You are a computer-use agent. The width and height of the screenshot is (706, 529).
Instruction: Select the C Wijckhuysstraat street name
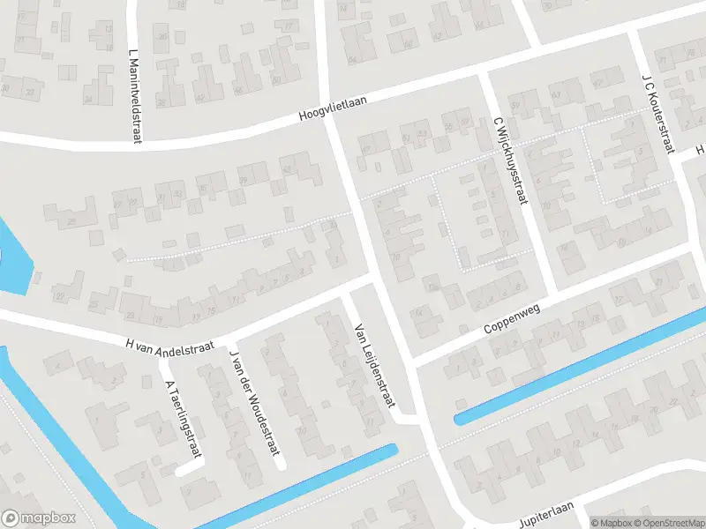509,162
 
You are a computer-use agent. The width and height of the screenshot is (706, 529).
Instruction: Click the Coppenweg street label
511,317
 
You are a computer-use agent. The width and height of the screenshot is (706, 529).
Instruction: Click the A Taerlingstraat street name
182,419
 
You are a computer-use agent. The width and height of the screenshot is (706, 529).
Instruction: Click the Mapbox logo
39,518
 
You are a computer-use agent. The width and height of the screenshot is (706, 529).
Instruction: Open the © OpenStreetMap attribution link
668,522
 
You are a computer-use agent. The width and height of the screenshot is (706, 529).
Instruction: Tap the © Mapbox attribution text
610,522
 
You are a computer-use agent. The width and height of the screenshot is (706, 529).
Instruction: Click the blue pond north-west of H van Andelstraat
13,260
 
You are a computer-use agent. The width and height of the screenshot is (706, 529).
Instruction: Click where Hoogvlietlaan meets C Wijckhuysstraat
483,78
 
